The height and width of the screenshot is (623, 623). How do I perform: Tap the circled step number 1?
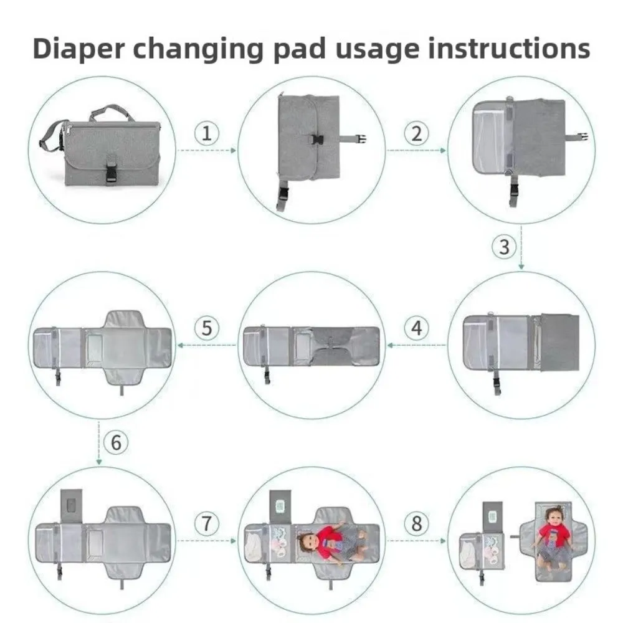click(x=207, y=133)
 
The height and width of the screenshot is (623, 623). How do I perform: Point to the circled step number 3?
click(x=505, y=247)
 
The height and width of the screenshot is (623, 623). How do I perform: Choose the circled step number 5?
click(x=207, y=328)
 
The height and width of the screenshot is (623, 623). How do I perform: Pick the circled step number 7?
click(x=207, y=524)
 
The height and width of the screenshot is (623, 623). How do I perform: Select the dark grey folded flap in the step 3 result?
click(x=559, y=342)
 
